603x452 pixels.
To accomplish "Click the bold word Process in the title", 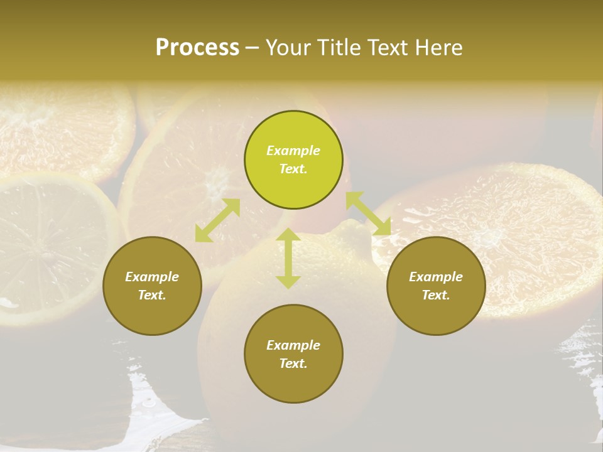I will (197, 48).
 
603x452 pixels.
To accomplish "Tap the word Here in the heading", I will (438, 48).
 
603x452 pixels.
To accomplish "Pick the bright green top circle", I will (293, 160).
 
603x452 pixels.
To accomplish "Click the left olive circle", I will (152, 286).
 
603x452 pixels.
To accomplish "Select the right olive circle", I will (436, 286).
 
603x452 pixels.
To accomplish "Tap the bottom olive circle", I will (293, 353).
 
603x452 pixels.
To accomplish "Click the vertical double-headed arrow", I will (288, 258).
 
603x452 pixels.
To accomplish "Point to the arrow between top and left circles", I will (217, 220).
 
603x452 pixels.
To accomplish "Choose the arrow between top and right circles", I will (369, 213).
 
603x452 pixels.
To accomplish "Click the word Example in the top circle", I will (293, 151).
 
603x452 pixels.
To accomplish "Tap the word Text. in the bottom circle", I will (293, 363).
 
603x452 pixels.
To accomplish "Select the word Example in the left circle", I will (152, 277).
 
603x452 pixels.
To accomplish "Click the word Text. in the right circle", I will (436, 295).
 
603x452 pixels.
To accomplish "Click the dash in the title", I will (253, 48).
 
